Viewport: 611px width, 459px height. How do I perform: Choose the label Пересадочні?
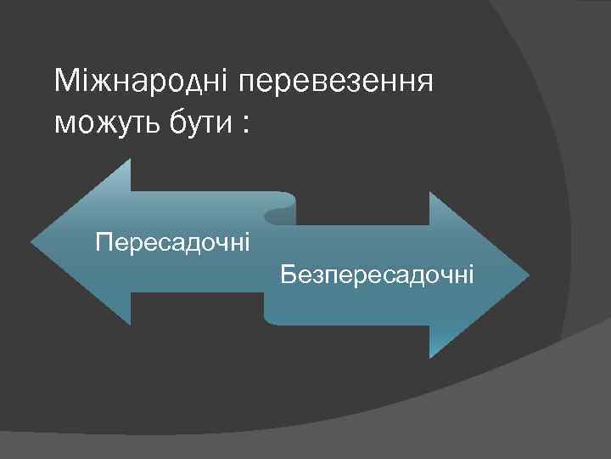coord(173,244)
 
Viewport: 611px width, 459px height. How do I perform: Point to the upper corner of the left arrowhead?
coord(131,160)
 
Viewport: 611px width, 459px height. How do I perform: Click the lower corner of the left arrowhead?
coord(131,325)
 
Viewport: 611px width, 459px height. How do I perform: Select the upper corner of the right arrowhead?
coord(429,193)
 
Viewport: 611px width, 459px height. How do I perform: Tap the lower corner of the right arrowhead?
coord(429,358)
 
